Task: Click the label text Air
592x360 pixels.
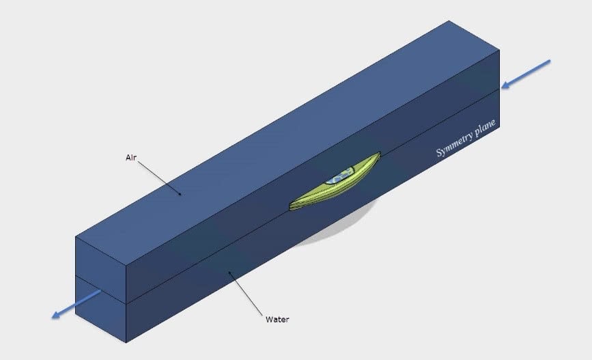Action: coord(131,158)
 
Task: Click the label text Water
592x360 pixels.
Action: coord(277,320)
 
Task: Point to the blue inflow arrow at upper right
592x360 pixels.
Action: coord(526,74)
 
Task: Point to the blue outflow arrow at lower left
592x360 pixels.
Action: coord(76,305)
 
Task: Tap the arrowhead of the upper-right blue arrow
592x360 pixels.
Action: coord(506,85)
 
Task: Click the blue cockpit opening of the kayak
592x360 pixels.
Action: coord(339,177)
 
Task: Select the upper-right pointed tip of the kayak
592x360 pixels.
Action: coord(380,152)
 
